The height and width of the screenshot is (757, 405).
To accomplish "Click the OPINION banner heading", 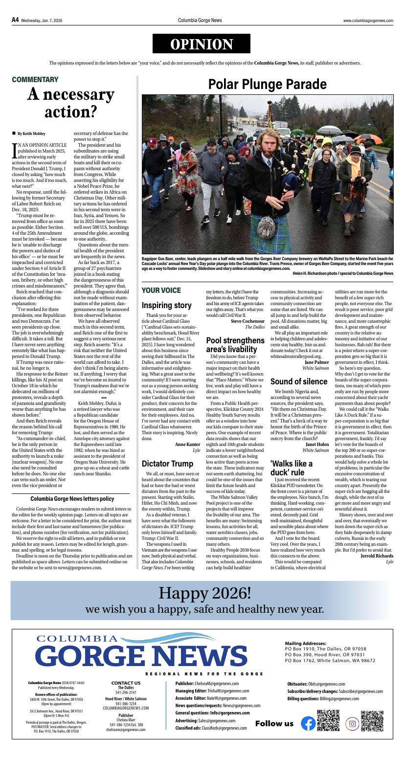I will coord(201,44).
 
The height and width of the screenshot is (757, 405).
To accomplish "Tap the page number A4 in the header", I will coord(15,20).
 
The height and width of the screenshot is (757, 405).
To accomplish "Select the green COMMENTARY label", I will coord(35,79).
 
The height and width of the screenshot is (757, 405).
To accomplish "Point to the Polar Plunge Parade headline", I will coord(267,85).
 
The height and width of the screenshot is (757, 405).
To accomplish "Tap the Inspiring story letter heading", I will coord(166,305).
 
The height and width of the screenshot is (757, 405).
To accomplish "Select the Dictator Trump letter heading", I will coord(167,463).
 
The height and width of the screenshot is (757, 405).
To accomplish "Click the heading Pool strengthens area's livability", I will coord(235,345).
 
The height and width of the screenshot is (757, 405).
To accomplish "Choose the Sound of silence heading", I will coord(298,381).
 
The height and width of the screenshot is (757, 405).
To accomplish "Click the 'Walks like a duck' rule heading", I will coord(292,468).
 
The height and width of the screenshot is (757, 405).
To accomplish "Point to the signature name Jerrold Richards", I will coord(376,556).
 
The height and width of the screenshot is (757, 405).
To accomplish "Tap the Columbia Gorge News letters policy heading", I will coord(72,498).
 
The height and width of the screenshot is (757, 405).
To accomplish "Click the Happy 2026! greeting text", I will coord(204,593).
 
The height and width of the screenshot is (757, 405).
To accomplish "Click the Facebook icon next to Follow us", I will coord(308,723).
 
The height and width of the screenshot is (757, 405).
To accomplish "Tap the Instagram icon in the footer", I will coord(352,723).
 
